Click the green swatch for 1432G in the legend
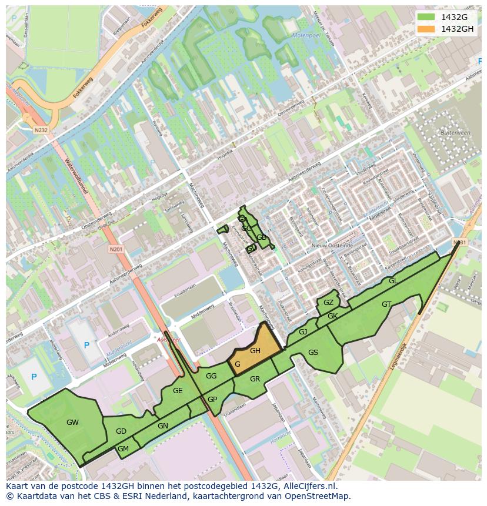click(x=427, y=17)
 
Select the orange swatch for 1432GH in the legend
click(x=427, y=29)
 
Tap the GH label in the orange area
click(x=255, y=351)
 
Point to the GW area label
click(x=72, y=422)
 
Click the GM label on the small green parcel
click(x=123, y=449)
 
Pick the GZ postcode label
click(x=328, y=303)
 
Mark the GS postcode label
click(x=313, y=353)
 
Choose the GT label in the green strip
click(x=386, y=304)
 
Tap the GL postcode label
click(x=393, y=281)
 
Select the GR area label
click(x=255, y=379)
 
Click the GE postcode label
click(x=178, y=391)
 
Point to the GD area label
click(x=121, y=431)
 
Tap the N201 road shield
click(x=116, y=250)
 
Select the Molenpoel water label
click(x=306, y=35)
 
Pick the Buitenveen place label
click(x=455, y=133)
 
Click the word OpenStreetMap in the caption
click(x=318, y=496)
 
